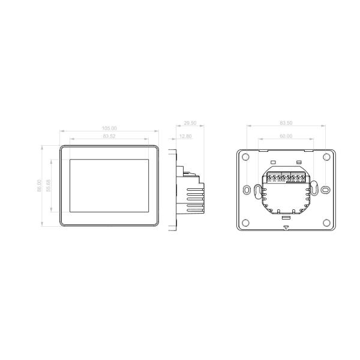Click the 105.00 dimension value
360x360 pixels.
(109, 128)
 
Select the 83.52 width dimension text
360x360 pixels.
(109, 136)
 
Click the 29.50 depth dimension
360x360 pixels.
(190, 123)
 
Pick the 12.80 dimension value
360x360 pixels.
(185, 136)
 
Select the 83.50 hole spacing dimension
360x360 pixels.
(286, 123)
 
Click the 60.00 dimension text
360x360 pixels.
(286, 136)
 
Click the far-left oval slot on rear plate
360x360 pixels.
(246, 190)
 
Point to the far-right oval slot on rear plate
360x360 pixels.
(325, 190)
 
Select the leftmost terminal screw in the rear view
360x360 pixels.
(271, 178)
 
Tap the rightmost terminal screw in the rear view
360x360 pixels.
(304, 178)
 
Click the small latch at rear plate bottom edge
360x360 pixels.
(286, 226)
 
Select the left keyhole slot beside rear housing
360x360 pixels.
(258, 192)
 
